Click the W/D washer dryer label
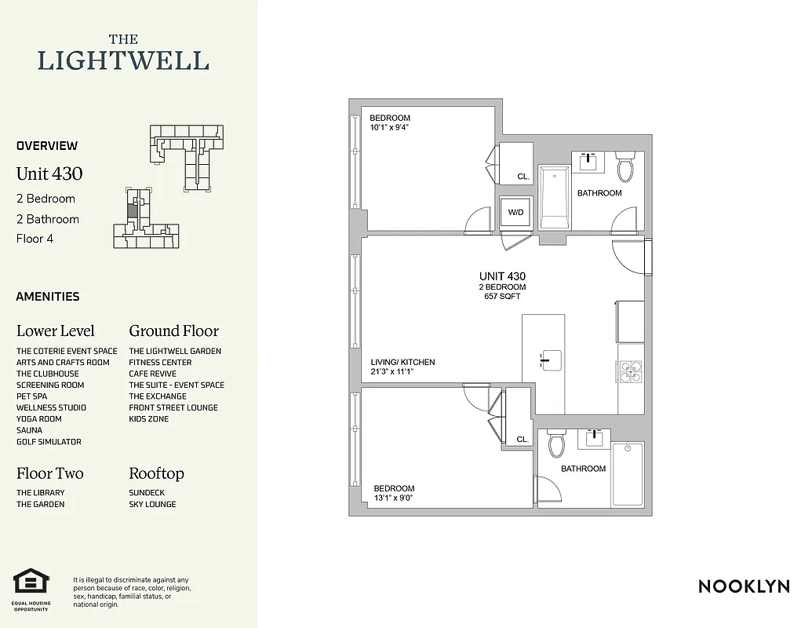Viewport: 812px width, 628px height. pyautogui.click(x=516, y=212)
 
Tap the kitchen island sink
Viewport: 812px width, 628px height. pyautogui.click(x=552, y=360)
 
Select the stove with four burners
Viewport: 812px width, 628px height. pyautogui.click(x=630, y=371)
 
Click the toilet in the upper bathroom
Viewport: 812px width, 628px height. pyautogui.click(x=626, y=166)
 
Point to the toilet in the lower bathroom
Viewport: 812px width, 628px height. pyautogui.click(x=557, y=444)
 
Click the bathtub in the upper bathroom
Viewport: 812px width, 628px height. pyautogui.click(x=554, y=197)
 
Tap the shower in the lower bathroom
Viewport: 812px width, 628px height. pyautogui.click(x=627, y=474)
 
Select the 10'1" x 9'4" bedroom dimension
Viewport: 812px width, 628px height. pyautogui.click(x=391, y=127)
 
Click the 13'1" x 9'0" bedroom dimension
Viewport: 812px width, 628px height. pyautogui.click(x=394, y=497)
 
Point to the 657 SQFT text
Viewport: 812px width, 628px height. pyautogui.click(x=502, y=297)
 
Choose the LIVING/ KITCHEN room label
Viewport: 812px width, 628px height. pyautogui.click(x=402, y=362)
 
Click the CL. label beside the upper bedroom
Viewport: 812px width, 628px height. pyautogui.click(x=523, y=177)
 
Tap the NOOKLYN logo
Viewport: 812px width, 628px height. pyautogui.click(x=743, y=586)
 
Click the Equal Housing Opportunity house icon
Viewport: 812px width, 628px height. pyautogui.click(x=31, y=582)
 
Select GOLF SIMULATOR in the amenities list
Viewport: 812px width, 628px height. pyautogui.click(x=49, y=442)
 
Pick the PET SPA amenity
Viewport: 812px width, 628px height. pyautogui.click(x=31, y=396)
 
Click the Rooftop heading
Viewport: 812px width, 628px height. pyautogui.click(x=156, y=473)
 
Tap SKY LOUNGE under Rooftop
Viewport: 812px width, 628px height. pyautogui.click(x=152, y=504)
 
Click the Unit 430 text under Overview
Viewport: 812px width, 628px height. pyautogui.click(x=49, y=173)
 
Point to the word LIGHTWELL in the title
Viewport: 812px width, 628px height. pyautogui.click(x=124, y=60)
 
